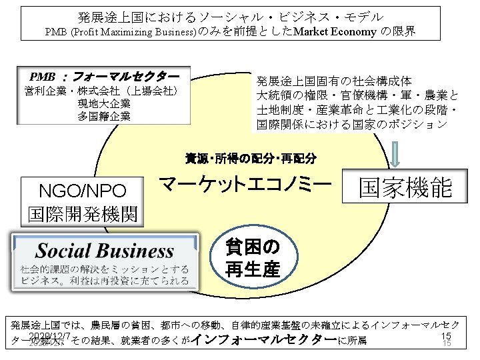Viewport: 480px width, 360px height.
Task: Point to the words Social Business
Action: tap(105, 251)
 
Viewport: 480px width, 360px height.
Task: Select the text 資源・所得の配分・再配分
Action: tap(250, 159)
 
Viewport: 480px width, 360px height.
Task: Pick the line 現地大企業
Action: tap(103, 103)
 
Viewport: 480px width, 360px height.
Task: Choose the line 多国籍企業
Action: tap(103, 116)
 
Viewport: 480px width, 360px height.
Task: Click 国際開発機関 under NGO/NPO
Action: tap(83, 215)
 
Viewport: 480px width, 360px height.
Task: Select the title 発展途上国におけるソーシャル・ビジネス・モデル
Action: tap(239, 16)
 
